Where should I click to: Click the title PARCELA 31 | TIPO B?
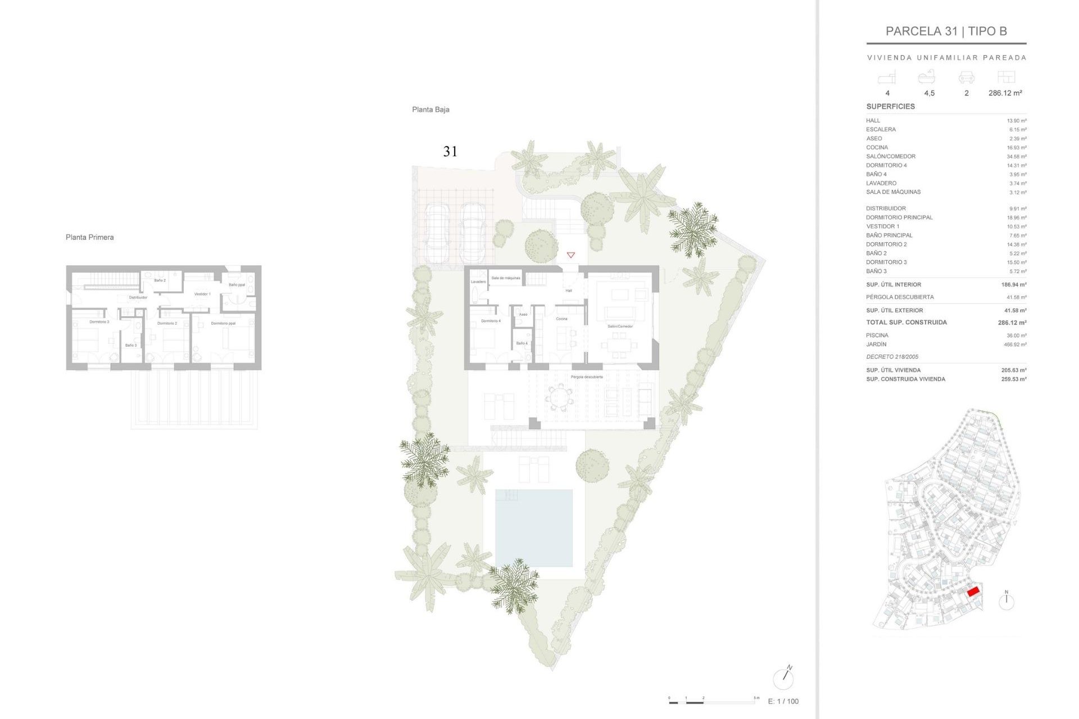coord(946,31)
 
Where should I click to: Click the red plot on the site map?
coord(973,591)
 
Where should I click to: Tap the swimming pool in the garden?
coord(533,527)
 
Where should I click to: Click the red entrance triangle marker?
coord(570,255)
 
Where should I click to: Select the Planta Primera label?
coord(89,237)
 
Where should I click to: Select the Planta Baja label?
coord(430,110)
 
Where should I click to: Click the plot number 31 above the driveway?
coord(450,151)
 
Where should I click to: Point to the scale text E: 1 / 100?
coord(783,701)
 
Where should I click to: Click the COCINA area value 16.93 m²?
coord(1016,148)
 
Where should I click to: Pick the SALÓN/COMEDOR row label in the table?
coord(890,156)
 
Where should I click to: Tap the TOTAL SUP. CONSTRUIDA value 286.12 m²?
coord(1012,322)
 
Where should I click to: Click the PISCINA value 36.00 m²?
coord(1016,335)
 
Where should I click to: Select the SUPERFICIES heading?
coord(890,106)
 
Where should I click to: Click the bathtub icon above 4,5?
coord(926,76)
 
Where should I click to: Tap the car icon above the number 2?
coord(966,77)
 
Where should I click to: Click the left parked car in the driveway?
coord(437,233)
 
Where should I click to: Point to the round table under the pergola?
coord(559,398)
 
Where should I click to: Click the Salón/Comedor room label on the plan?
coord(620,326)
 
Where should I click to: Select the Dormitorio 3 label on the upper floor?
coord(99,322)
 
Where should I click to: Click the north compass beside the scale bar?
coord(783,679)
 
